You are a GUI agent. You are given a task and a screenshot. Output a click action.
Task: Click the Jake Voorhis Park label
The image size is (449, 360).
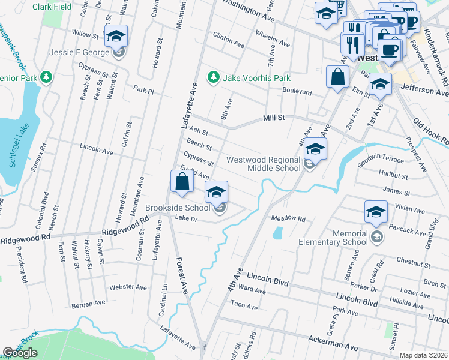coord(256,78)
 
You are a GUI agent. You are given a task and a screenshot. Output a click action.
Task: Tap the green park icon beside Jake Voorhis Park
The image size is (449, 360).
coord(212,77)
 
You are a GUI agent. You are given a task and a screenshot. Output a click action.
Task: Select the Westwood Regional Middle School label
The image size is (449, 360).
coord(263,164)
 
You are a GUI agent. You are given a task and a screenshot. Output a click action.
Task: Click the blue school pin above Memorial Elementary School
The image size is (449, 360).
coord(376,212)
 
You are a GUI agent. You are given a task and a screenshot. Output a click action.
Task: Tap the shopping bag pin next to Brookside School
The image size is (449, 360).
coord(182,182)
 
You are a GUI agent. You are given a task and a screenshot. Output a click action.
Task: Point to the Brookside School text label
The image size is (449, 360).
coord(178,208)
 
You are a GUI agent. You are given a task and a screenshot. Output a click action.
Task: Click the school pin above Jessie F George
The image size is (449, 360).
coord(116,36)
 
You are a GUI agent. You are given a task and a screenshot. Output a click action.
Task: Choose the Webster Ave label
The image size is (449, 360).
coord(133,287)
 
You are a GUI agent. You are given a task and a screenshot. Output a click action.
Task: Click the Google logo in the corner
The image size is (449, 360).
coord(20,353)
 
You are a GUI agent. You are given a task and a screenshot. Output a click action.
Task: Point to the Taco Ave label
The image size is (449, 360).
coord(244,307)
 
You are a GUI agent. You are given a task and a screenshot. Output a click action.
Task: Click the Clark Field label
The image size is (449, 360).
coord(52,7)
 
